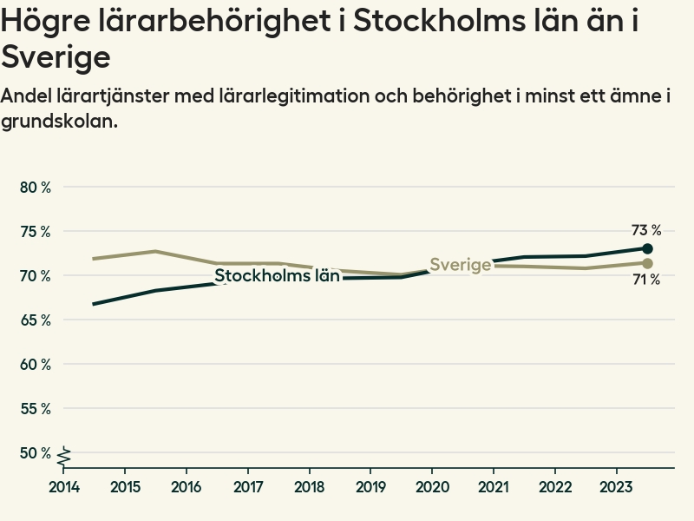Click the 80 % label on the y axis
[x=35, y=188]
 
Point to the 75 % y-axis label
[x=35, y=232]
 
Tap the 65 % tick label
[x=35, y=320]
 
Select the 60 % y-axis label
[x=35, y=365]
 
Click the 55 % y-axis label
[x=35, y=409]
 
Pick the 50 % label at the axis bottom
[x=35, y=453]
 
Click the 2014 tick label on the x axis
[x=64, y=485]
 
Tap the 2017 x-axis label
[x=248, y=485]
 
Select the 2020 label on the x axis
[x=432, y=485]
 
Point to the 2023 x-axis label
[x=616, y=485]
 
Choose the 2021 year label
[x=494, y=485]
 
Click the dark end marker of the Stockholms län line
[x=647, y=248]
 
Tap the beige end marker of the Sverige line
[x=647, y=263]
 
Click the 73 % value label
[x=646, y=230]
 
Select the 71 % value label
[x=645, y=280]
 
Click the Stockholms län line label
[x=277, y=276]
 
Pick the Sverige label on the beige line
[x=461, y=265]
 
